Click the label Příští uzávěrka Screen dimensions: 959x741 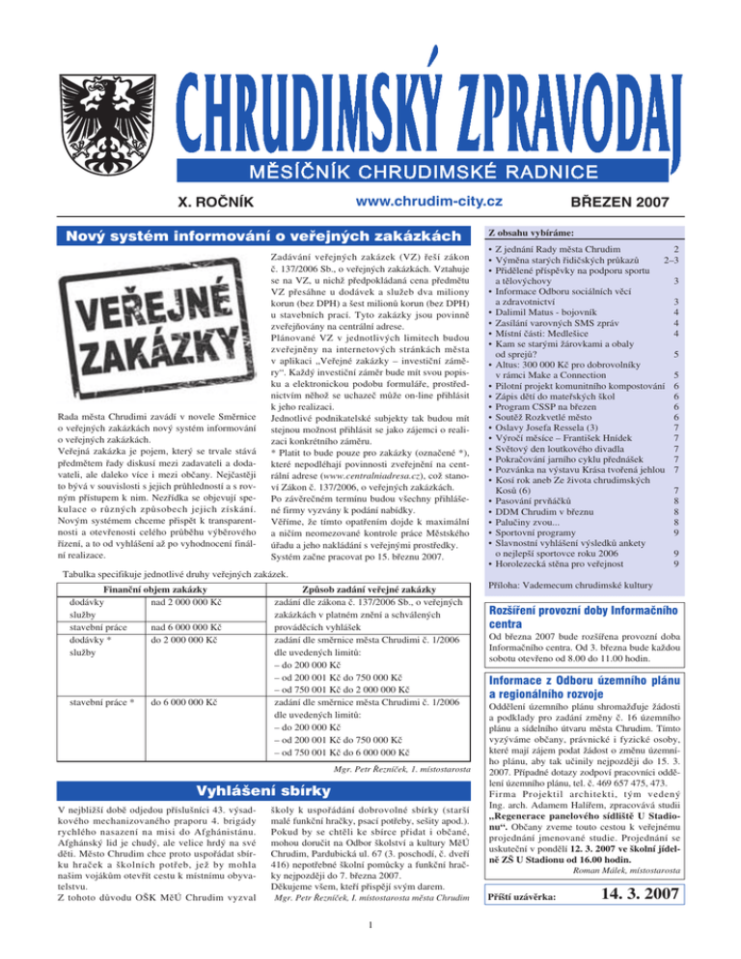point(525,928)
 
